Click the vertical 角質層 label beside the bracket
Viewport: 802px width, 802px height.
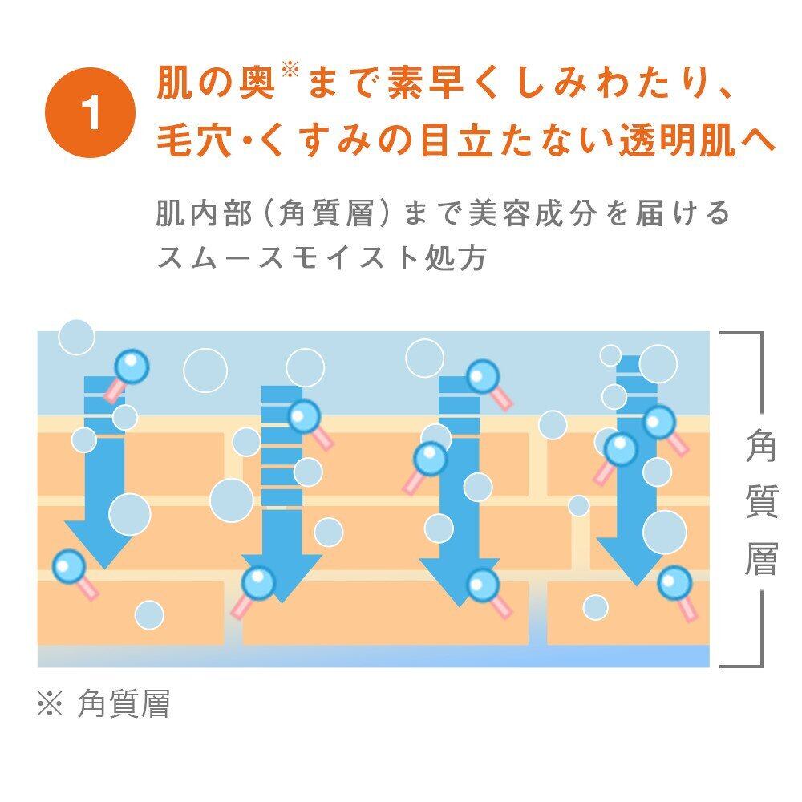click(760, 500)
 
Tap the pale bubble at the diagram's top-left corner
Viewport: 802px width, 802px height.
click(76, 337)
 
